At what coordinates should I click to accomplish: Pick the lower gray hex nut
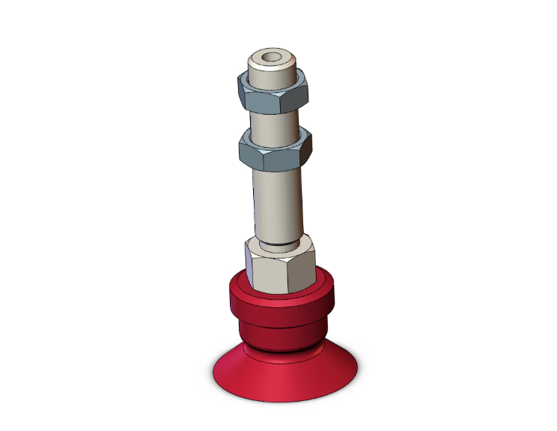(x=275, y=151)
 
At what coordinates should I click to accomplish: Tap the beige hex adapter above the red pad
(x=281, y=266)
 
